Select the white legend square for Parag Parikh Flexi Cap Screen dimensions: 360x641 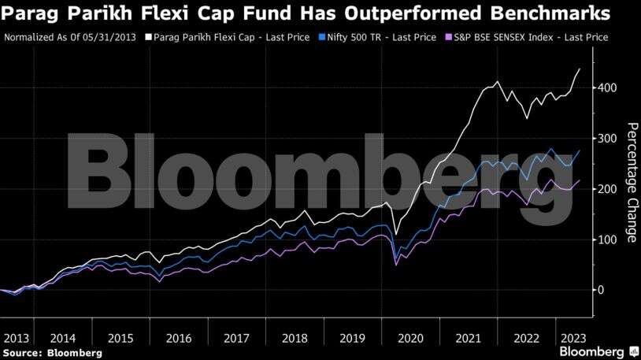tap(149, 37)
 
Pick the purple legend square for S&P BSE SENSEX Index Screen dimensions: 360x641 tap(448, 37)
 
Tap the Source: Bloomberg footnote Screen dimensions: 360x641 tap(53, 353)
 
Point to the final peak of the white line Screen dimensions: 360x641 tap(580, 69)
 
